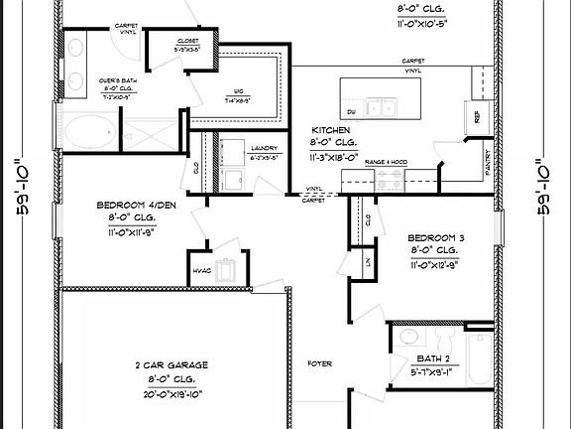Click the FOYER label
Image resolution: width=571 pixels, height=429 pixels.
tap(319, 364)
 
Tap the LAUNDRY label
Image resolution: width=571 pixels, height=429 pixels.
tap(236, 146)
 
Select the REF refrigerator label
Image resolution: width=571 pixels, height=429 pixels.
tap(478, 117)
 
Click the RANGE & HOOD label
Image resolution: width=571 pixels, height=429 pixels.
tap(387, 161)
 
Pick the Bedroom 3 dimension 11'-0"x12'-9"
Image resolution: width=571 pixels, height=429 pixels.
tap(441, 265)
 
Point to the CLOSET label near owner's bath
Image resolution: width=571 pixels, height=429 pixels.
tap(186, 40)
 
